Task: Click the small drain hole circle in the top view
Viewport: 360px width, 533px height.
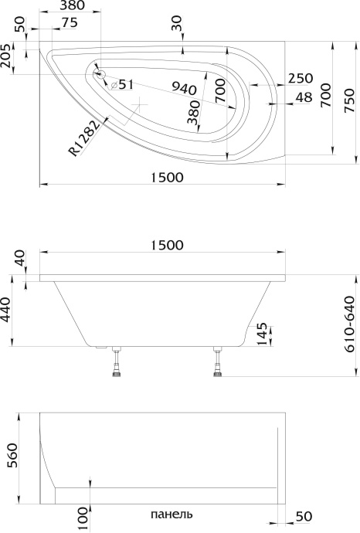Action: [100, 73]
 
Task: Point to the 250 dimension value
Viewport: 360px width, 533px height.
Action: [300, 78]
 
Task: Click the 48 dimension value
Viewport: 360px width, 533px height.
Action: [304, 97]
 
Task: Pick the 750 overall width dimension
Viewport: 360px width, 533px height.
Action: [352, 98]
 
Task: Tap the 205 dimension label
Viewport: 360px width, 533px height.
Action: [8, 59]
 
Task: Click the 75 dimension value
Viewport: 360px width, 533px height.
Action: [69, 23]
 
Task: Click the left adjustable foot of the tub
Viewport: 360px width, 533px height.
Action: [117, 364]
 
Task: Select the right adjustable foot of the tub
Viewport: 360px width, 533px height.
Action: [218, 364]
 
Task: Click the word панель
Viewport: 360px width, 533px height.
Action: [171, 514]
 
